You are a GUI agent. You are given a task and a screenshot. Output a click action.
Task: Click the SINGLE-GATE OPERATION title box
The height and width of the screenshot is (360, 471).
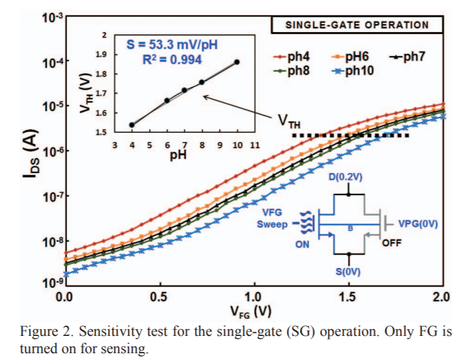click(x=357, y=25)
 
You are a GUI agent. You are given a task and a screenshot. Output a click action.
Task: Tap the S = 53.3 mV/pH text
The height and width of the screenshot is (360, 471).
click(x=172, y=44)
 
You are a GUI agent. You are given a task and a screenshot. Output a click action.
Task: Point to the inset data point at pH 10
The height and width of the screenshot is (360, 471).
click(x=237, y=62)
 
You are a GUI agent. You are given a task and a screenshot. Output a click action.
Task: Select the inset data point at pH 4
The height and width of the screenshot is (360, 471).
click(x=132, y=125)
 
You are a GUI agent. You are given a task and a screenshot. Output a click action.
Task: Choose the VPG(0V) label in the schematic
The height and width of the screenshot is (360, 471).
click(x=418, y=224)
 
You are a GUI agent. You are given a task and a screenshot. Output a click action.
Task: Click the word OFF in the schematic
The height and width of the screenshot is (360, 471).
click(x=391, y=243)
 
